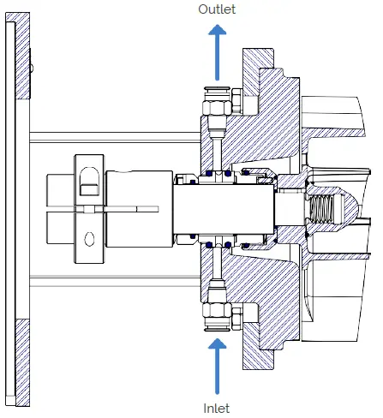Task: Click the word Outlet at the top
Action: click(x=216, y=9)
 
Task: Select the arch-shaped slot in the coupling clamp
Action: click(x=87, y=179)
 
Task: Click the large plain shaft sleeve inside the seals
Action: click(x=222, y=209)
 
